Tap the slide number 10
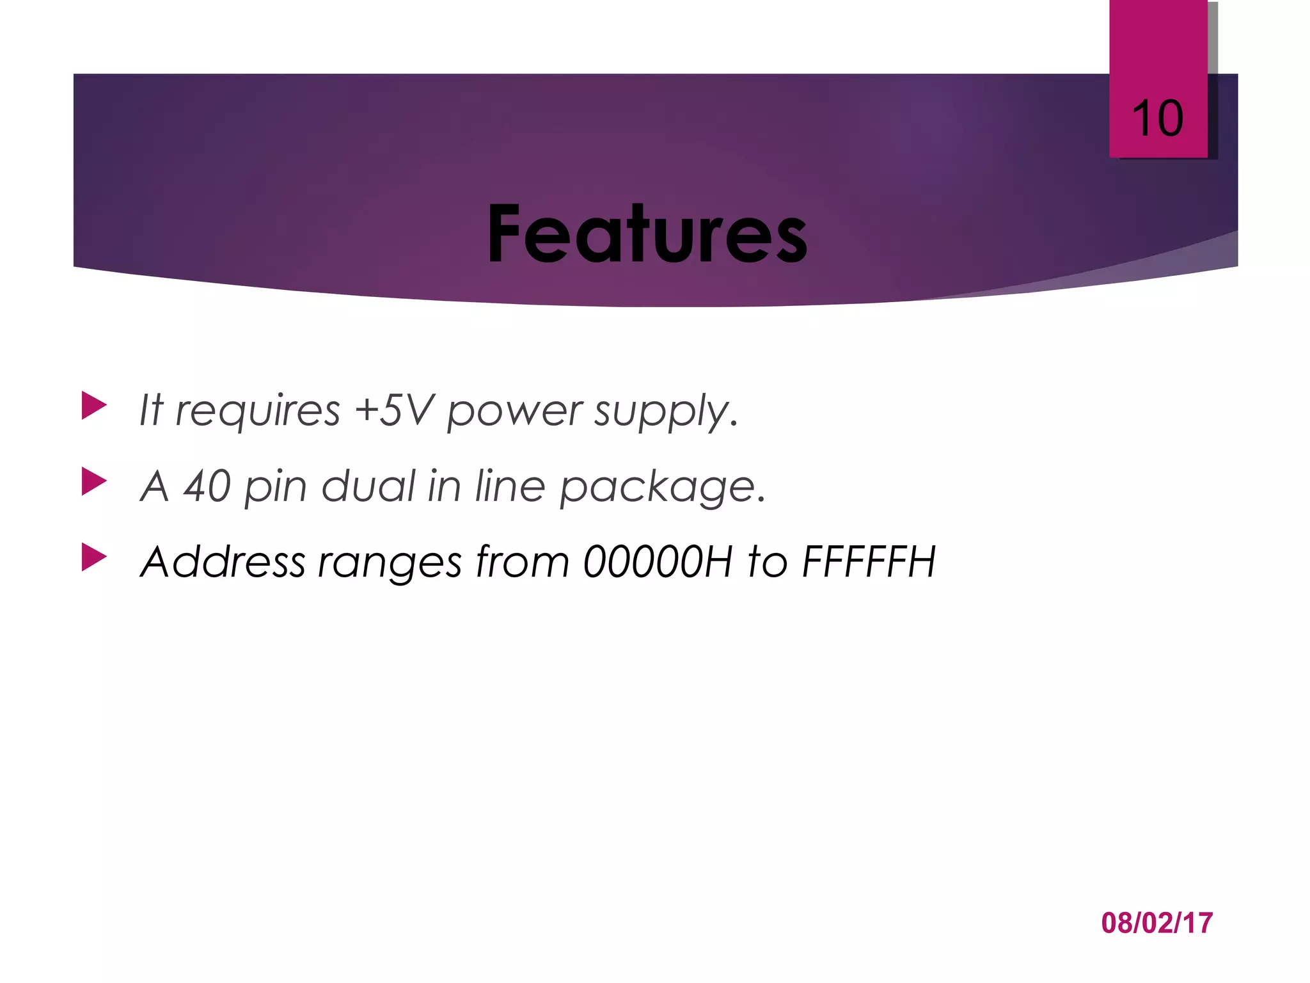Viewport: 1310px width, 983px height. coord(1157,119)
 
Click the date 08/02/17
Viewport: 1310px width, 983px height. coord(1156,923)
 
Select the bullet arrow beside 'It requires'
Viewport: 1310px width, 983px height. coord(94,406)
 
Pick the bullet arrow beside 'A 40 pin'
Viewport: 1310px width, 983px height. coord(94,482)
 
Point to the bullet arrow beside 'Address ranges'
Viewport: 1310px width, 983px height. coord(94,557)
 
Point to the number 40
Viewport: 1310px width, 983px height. coord(207,486)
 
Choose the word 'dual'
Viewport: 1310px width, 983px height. coord(368,486)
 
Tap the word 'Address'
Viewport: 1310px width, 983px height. coord(223,562)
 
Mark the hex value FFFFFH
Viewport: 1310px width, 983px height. coord(869,562)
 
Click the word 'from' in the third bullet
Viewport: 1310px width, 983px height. coord(522,562)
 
